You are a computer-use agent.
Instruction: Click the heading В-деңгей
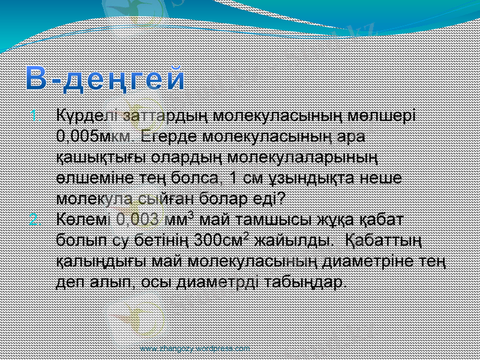106,80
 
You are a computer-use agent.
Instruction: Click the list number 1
34,114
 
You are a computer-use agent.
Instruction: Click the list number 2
34,218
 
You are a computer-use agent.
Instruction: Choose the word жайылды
293,241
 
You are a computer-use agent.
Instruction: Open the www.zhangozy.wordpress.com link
195,348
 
